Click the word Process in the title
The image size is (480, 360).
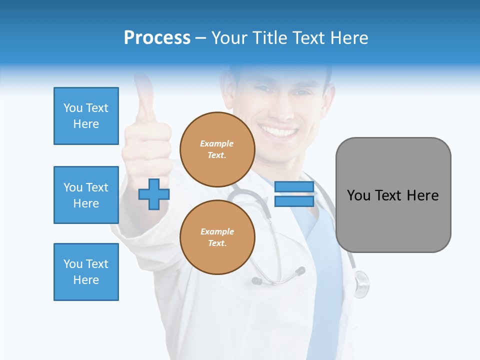(x=157, y=38)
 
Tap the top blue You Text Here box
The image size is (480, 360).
(x=86, y=116)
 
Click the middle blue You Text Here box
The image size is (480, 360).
(x=86, y=195)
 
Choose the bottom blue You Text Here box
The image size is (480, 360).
(x=86, y=271)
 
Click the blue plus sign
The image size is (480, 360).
(x=154, y=194)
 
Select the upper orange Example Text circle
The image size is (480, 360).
(x=217, y=149)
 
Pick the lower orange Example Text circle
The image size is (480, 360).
(x=217, y=237)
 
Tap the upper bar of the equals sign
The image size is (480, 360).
(x=294, y=187)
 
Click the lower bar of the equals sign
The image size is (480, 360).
(x=294, y=201)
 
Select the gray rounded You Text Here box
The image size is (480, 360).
(x=393, y=195)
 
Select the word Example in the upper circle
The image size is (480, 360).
(x=217, y=143)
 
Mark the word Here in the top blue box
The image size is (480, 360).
(x=86, y=124)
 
